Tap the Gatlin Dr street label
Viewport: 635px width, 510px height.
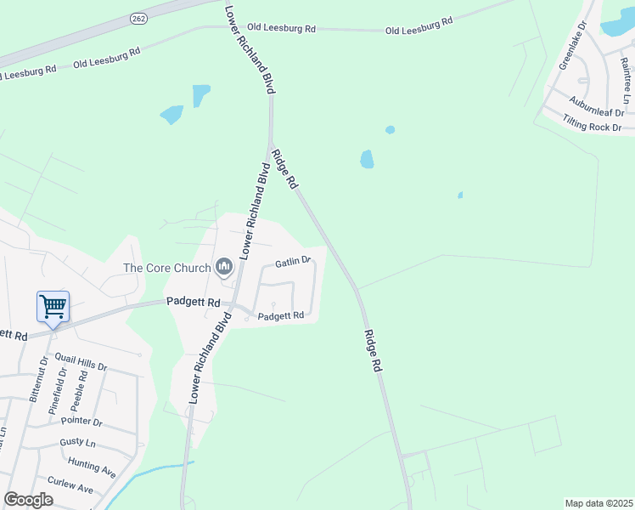[292, 262]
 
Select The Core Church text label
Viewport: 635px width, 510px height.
[166, 268]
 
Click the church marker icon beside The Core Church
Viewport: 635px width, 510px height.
[224, 268]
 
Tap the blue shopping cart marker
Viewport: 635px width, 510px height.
[53, 307]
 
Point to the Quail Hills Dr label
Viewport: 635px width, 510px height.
[81, 361]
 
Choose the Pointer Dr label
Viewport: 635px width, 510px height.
[82, 422]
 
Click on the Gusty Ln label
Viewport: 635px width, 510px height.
[77, 443]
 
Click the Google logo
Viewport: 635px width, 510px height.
[28, 500]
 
